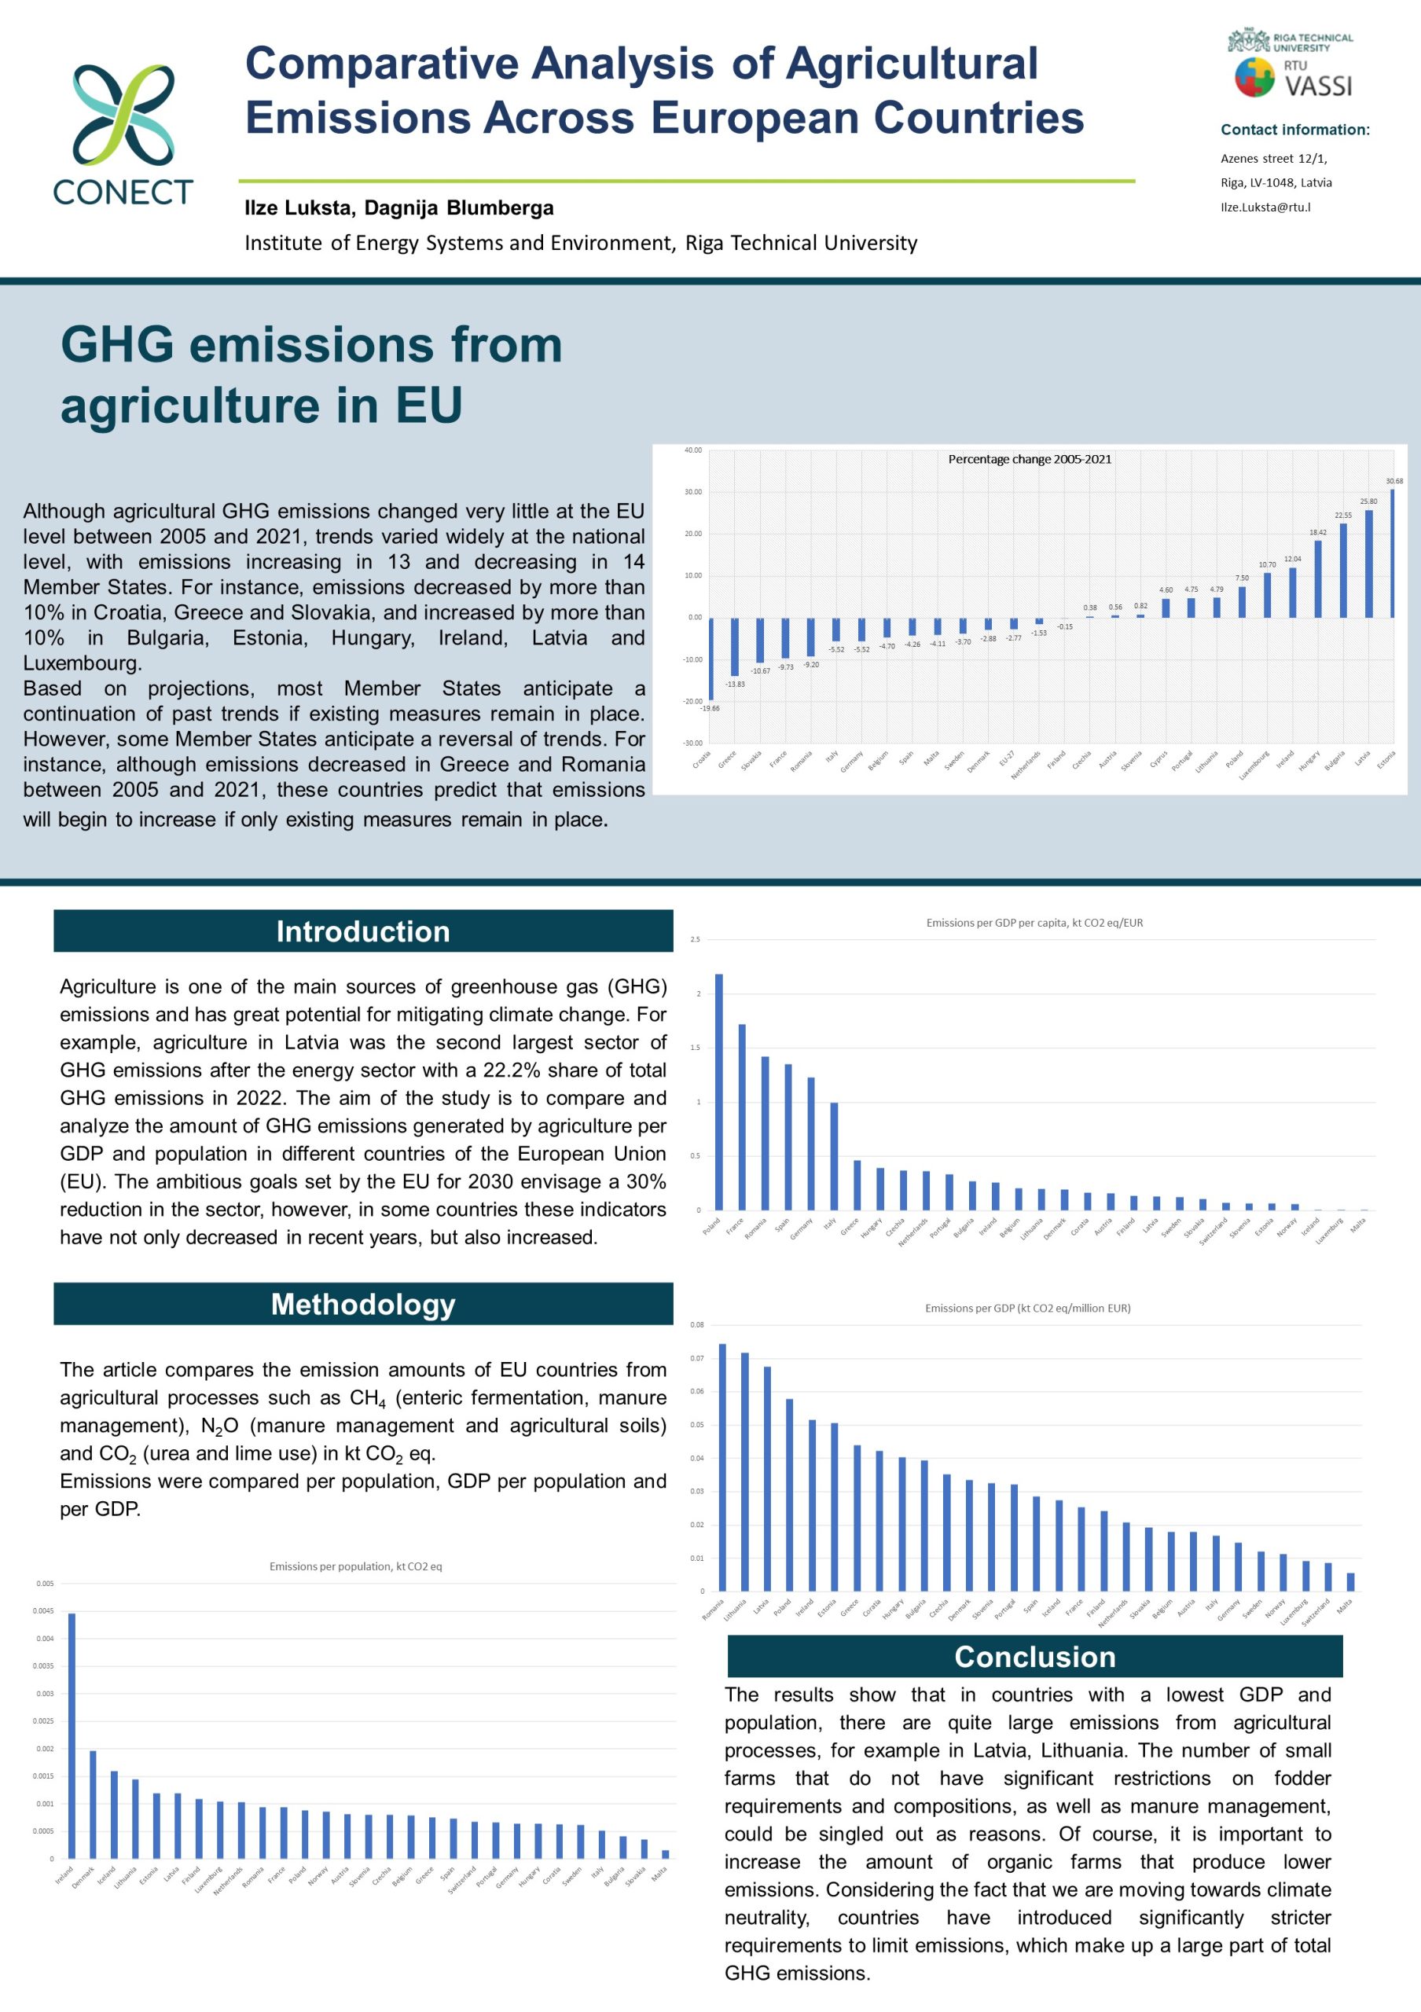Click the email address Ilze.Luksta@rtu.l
[1265, 207]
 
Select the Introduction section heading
[362, 931]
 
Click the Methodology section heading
[362, 1304]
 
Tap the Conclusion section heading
[1034, 1656]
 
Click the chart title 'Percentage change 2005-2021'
[1030, 459]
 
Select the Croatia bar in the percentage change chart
[710, 658]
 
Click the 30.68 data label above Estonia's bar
[1393, 481]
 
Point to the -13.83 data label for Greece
[735, 684]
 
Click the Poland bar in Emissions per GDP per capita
[719, 1092]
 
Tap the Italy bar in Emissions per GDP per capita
[834, 1156]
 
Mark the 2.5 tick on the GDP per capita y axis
[696, 940]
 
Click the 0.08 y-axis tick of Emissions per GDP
[697, 1325]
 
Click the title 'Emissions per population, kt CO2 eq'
[356, 1566]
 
